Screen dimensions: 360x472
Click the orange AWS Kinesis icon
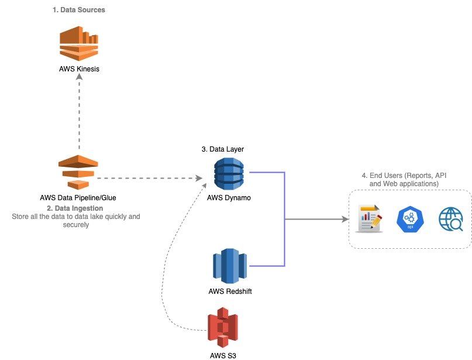(x=79, y=43)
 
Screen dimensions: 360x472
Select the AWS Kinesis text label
(x=79, y=68)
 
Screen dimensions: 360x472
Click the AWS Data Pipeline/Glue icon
(x=77, y=173)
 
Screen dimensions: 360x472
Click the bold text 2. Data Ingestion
(x=75, y=208)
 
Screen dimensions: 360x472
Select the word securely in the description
(x=76, y=224)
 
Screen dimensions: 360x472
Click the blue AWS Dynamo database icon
(x=229, y=173)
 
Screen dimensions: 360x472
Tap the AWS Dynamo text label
(x=229, y=197)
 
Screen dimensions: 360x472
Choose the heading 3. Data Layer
(x=222, y=149)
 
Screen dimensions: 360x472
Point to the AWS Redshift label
(x=230, y=291)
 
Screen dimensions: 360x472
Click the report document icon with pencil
(x=369, y=220)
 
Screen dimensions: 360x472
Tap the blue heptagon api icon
(x=409, y=220)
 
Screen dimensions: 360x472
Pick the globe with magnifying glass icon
(x=450, y=220)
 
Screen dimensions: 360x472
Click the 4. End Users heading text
(x=408, y=179)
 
